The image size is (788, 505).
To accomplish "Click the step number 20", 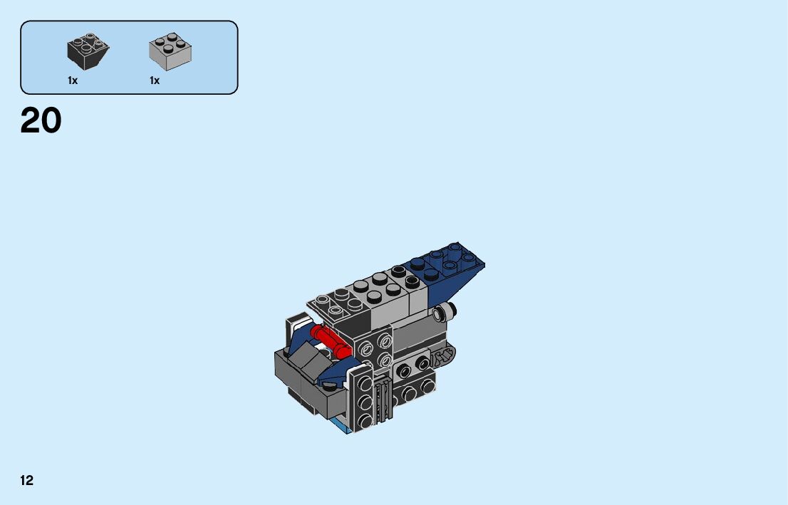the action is [x=41, y=120].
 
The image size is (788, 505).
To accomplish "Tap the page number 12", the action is [x=26, y=480].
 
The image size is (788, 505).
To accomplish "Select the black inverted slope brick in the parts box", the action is [x=88, y=51].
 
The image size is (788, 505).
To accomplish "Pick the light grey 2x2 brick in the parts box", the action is [x=170, y=52].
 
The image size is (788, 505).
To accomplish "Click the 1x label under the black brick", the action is [x=73, y=80].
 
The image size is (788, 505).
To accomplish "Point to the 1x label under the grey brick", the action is [x=155, y=80].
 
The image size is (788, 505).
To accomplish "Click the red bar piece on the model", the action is [x=330, y=340].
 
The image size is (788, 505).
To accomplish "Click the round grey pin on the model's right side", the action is [x=445, y=312].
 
